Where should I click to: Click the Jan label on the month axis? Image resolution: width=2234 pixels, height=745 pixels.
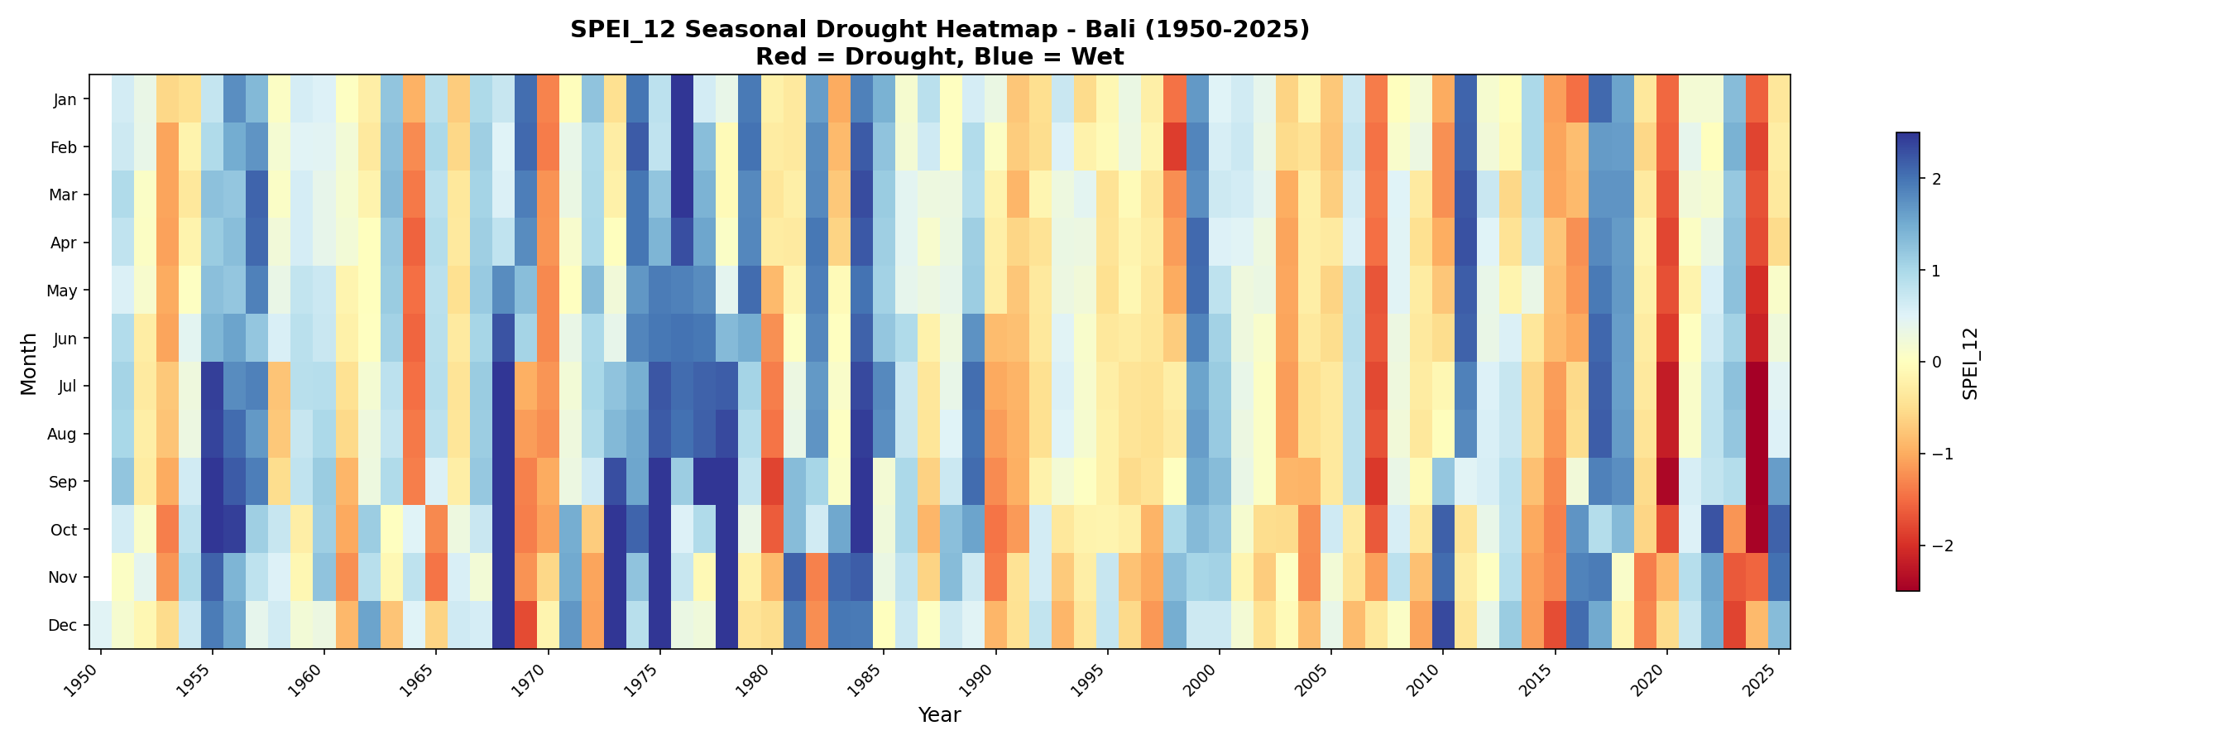(66, 99)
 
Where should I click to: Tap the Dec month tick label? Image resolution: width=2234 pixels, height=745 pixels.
(66, 625)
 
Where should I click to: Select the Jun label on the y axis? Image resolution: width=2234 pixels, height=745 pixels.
(66, 339)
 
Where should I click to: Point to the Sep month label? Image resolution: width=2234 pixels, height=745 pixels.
(66, 483)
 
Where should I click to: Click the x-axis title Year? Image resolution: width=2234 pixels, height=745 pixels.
(939, 715)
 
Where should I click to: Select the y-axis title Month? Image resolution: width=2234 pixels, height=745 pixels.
(29, 363)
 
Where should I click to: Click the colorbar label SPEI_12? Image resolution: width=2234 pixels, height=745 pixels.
(1970, 363)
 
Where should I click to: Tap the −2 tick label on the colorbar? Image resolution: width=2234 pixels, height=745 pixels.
(1941, 546)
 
